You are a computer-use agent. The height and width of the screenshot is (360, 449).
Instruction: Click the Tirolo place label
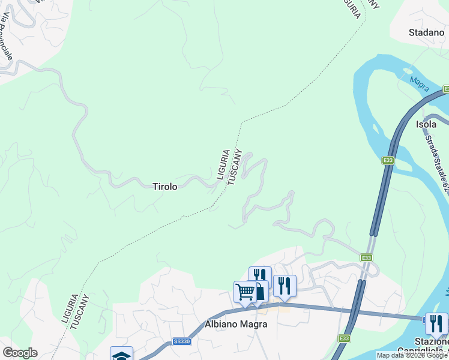pyautogui.click(x=164, y=187)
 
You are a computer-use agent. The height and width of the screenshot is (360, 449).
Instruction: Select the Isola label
pyautogui.click(x=426, y=124)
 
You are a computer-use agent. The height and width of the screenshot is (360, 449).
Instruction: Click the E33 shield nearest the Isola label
pyautogui.click(x=388, y=160)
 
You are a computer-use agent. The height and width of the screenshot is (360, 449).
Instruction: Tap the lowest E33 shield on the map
pyautogui.click(x=343, y=339)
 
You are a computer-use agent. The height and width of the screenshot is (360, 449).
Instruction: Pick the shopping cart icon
pyautogui.click(x=245, y=292)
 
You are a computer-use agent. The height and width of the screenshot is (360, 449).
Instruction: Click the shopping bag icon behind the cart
pyautogui.click(x=261, y=291)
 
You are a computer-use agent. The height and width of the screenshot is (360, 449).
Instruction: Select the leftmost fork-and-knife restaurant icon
pyautogui.click(x=260, y=277)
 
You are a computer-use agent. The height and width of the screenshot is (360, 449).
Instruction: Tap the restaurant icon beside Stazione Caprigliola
pyautogui.click(x=436, y=324)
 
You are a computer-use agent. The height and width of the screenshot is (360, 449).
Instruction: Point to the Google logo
pyautogui.click(x=20, y=353)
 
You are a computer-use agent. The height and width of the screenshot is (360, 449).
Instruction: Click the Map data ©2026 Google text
pyautogui.click(x=412, y=355)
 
